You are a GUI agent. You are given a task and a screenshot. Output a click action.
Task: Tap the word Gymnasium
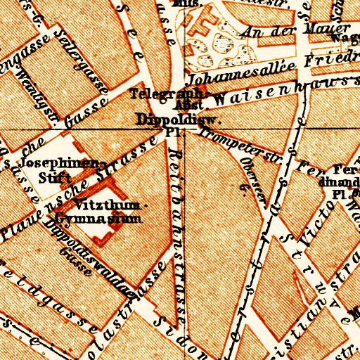point(106,219)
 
